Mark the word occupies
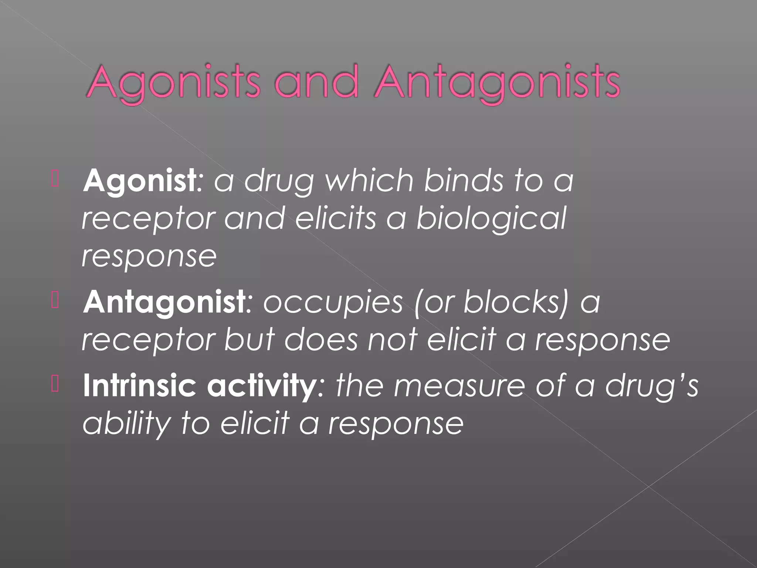(333, 303)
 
